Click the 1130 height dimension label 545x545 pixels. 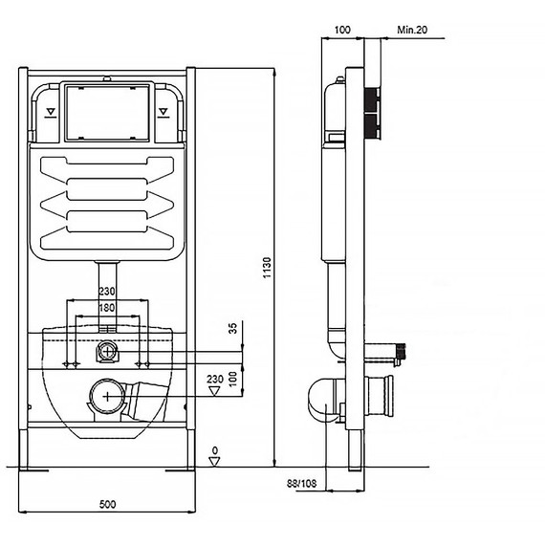pos(267,268)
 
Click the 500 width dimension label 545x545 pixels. pos(107,504)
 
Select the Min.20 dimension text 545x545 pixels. pos(412,30)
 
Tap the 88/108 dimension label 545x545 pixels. pos(302,484)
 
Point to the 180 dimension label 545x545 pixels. pos(107,308)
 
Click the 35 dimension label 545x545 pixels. pos(233,329)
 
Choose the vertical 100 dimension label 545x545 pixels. pos(233,379)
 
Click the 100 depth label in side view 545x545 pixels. pos(342,30)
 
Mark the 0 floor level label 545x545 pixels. pos(215,450)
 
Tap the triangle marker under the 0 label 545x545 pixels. pos(214,462)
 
